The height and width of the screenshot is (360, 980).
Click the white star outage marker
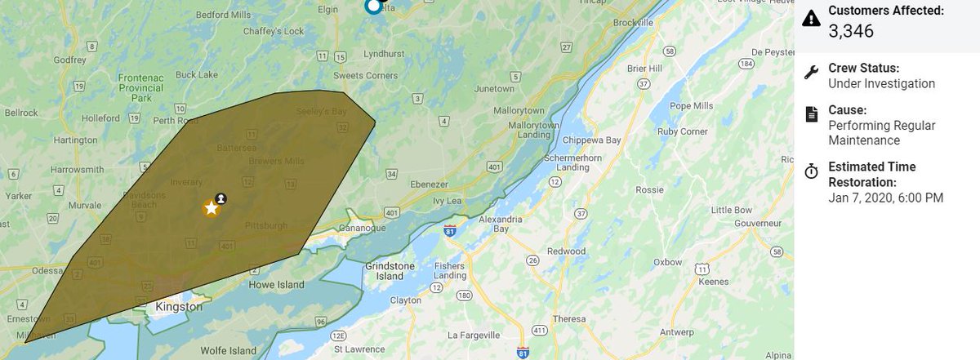(212, 207)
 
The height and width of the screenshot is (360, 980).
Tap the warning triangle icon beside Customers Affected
(811, 18)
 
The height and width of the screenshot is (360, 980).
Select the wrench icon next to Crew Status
(811, 72)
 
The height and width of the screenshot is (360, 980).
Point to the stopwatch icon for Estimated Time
(811, 171)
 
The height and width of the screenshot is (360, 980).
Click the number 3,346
(851, 32)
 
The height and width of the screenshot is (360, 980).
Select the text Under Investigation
(881, 83)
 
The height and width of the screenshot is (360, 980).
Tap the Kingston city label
(178, 307)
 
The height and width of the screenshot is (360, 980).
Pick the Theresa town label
(569, 318)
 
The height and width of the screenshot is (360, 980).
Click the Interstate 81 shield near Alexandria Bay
(450, 232)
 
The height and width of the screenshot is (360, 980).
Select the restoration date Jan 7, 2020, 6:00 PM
(886, 198)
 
